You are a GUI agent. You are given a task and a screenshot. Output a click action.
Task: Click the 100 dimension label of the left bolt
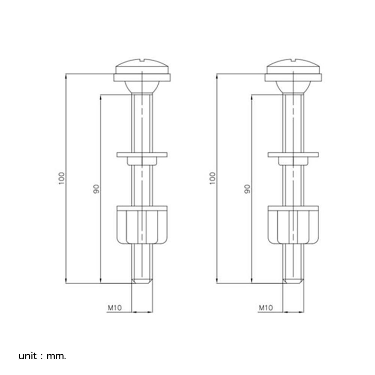tap(62, 178)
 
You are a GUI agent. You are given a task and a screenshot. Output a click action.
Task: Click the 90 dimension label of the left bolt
tap(96, 189)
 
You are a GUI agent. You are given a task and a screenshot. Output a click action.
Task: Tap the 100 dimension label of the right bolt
tap(213, 178)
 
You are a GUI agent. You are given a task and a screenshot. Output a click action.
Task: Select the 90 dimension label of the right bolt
tap(247, 189)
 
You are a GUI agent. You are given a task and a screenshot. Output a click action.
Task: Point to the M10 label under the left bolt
tap(115, 307)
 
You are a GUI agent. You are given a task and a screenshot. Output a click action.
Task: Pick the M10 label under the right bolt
tap(266, 307)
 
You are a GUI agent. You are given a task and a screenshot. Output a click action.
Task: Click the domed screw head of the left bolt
tap(142, 66)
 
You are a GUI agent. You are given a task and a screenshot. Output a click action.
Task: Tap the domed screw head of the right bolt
tap(293, 66)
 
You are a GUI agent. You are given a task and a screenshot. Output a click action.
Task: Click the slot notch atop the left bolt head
tap(142, 60)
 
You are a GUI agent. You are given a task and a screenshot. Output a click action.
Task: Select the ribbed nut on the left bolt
tap(142, 225)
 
